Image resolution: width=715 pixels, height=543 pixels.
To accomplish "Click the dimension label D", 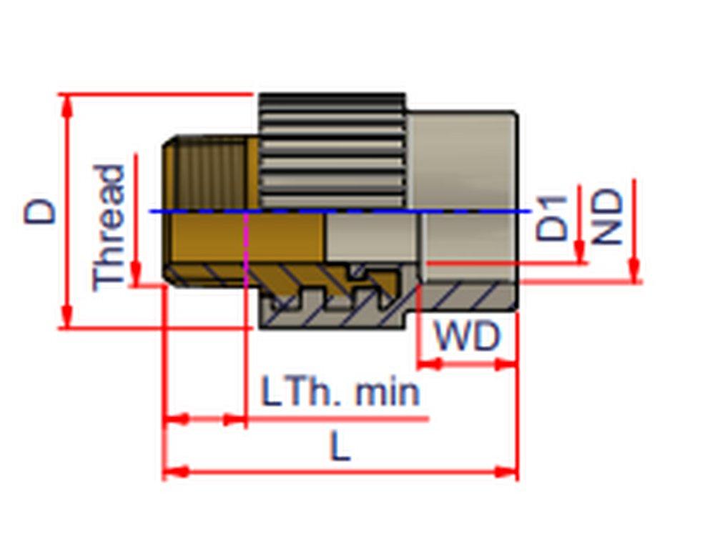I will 40,211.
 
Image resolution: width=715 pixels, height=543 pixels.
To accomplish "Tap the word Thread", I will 109,228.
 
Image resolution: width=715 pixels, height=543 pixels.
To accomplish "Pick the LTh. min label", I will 340,393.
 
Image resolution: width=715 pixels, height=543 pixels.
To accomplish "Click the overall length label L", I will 340,448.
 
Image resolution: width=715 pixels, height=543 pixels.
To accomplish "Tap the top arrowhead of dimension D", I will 67,104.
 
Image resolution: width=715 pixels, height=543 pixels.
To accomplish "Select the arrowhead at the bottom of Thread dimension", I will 135,276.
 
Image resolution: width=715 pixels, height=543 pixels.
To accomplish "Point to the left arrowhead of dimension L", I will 175,472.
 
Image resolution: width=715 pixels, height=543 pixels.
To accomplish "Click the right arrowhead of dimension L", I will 506,472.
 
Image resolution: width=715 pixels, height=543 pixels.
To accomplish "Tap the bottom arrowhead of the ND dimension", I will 633,271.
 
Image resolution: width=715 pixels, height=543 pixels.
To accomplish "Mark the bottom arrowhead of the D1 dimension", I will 579,253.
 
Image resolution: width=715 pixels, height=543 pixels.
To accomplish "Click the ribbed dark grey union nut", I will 332,150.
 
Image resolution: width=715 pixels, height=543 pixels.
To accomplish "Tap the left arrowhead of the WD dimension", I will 428,364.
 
